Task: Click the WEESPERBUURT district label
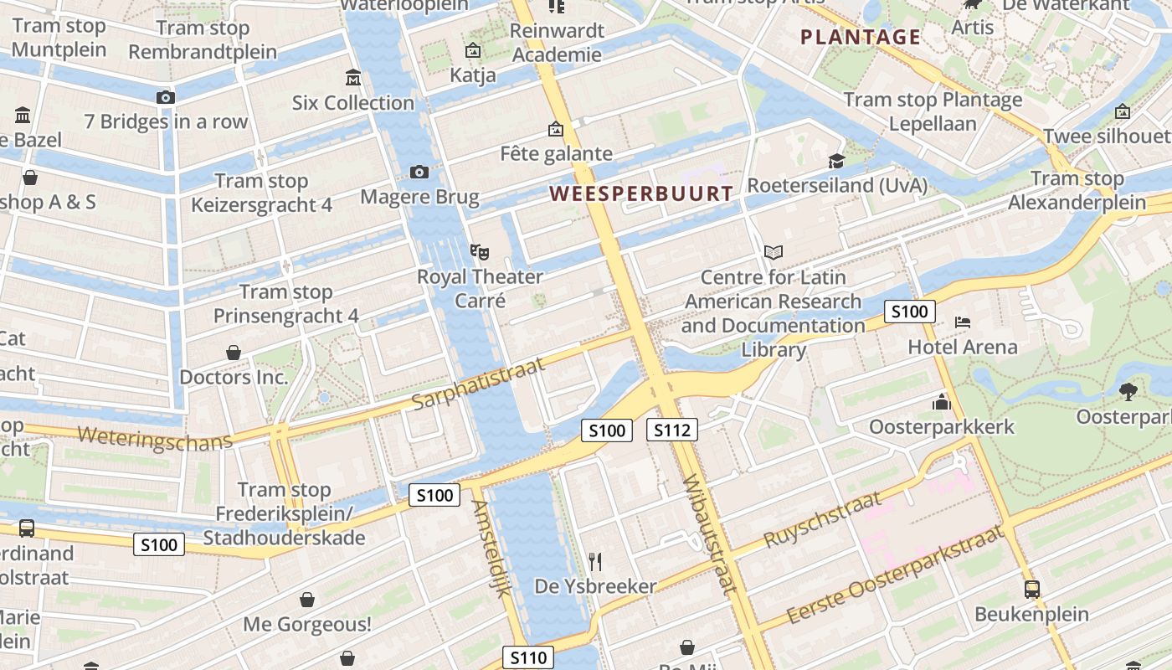tap(640, 193)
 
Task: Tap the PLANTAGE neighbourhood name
tap(861, 37)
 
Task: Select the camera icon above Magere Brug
tap(419, 172)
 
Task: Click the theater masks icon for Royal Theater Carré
tap(479, 250)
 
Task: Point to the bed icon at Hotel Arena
tap(963, 322)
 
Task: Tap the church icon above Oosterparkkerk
tap(942, 402)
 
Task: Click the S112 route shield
tap(671, 430)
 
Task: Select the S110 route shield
tap(528, 657)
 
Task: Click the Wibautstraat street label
tap(710, 534)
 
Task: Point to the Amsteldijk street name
tap(491, 548)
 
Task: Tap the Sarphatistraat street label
tap(478, 384)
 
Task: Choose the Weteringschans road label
tap(154, 437)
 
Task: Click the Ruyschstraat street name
tap(824, 519)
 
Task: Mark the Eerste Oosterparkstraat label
tap(895, 578)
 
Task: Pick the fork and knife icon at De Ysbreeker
tap(595, 561)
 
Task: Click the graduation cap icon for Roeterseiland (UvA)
tap(835, 161)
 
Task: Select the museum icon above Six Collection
tap(353, 78)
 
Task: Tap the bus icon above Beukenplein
tap(1031, 589)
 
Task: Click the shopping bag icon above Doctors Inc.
tap(234, 353)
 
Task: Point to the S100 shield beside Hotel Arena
tap(909, 312)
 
